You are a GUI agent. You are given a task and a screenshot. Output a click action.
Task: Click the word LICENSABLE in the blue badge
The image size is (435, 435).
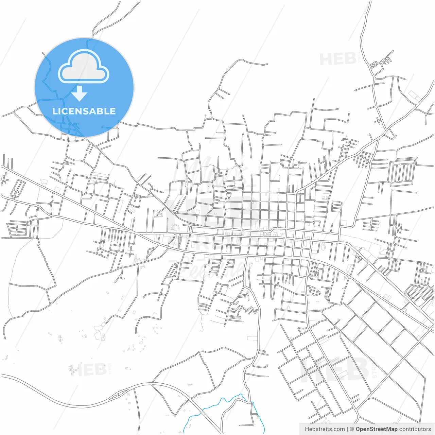[x=84, y=111]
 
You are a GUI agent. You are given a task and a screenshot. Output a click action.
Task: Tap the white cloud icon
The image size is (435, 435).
[x=84, y=67]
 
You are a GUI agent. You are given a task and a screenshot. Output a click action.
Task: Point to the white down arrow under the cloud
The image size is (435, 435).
[x=80, y=93]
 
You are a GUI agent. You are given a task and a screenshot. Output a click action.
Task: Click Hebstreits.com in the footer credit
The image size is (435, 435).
[x=325, y=429]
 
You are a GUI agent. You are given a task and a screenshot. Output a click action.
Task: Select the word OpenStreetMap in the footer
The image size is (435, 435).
[x=376, y=429]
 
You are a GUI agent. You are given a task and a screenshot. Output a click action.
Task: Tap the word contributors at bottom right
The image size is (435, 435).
[x=415, y=429]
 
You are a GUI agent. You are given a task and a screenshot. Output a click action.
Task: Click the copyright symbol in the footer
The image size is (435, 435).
[x=352, y=429]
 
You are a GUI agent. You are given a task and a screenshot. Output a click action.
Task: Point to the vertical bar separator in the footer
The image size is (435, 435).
[x=347, y=429]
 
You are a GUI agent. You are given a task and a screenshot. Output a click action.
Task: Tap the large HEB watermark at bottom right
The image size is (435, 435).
[x=335, y=370]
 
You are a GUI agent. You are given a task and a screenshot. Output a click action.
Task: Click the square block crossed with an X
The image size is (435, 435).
[x=268, y=234]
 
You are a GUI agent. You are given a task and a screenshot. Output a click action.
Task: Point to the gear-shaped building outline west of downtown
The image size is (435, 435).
[x=175, y=227]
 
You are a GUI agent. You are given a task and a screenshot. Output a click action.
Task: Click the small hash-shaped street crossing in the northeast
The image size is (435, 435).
[x=378, y=120]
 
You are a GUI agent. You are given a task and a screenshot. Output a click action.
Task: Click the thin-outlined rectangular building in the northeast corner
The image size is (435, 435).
[x=414, y=95]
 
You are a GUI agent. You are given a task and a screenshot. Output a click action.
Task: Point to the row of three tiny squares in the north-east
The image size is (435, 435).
[x=373, y=64]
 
